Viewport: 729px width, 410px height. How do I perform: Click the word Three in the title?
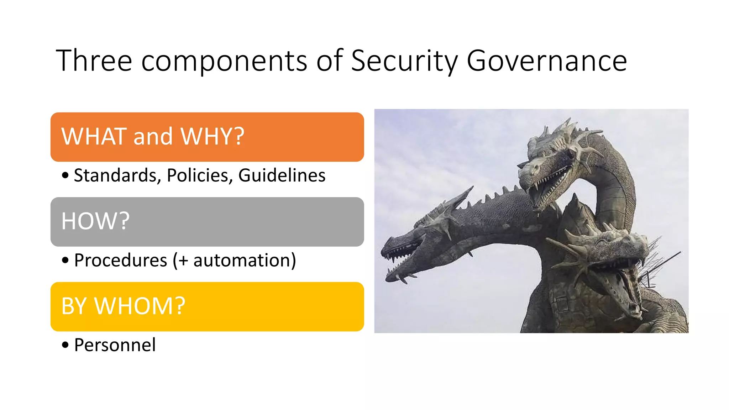[94, 61]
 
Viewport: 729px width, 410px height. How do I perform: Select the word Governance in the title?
[546, 61]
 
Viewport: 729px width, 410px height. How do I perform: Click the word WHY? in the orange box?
[213, 136]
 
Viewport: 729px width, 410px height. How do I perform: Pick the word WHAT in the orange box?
[94, 136]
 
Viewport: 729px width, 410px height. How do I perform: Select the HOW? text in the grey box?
[95, 221]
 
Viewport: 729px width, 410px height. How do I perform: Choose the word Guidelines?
[282, 175]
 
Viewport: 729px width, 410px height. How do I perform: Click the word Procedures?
[121, 260]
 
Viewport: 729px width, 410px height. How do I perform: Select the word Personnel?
[115, 345]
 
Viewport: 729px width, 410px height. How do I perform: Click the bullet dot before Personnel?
[65, 345]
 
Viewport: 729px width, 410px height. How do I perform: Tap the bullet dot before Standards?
[65, 175]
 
